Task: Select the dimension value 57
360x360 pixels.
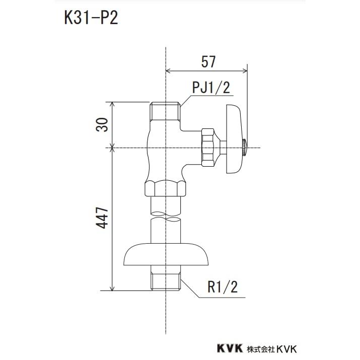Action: point(208,62)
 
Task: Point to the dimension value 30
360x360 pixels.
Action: point(102,124)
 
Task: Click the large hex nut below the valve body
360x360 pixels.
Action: point(165,188)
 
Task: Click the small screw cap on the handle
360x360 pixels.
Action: point(244,147)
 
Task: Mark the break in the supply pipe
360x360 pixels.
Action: point(165,217)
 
